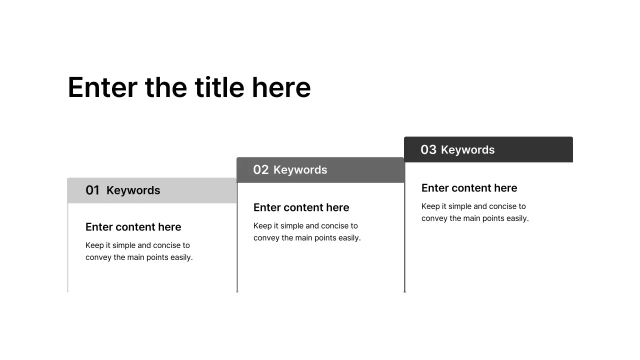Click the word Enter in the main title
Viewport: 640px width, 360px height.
(x=102, y=87)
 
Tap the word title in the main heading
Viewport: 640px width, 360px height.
(x=219, y=87)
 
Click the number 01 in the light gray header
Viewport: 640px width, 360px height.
(x=92, y=190)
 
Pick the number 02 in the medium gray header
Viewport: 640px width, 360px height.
(x=261, y=170)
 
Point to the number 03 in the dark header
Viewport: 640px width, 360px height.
(x=428, y=150)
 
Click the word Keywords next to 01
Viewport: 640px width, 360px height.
(x=133, y=190)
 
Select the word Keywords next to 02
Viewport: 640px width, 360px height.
(x=300, y=170)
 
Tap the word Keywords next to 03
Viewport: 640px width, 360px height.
(x=468, y=150)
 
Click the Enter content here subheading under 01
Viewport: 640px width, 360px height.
(x=133, y=227)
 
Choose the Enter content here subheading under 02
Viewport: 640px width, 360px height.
(x=301, y=207)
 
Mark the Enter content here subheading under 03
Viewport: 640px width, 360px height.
(x=469, y=188)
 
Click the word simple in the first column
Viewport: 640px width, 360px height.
(x=127, y=245)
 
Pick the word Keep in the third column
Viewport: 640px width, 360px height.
(x=430, y=206)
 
